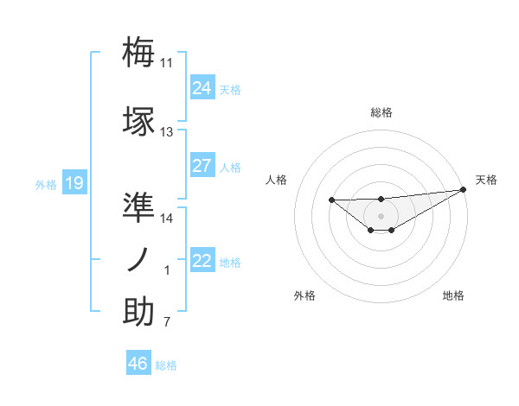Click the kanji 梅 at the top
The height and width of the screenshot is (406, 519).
pos(138,52)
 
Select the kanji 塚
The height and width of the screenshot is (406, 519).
pos(138,120)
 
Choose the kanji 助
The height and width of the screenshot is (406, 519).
pos(138,312)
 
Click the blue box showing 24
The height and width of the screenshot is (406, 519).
pos(202,88)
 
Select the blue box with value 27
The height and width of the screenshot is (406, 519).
pos(202,166)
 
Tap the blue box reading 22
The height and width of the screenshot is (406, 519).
pos(202,261)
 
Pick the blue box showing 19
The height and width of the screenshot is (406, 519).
pos(74,183)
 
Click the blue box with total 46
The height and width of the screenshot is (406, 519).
pos(138,364)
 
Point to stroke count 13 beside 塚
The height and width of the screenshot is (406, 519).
pos(167,132)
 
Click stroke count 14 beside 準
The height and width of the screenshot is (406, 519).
pos(167,219)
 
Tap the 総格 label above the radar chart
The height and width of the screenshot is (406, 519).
pos(381,112)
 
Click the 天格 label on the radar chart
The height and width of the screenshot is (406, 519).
pos(486,180)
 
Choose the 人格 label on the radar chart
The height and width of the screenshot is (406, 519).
pos(276,180)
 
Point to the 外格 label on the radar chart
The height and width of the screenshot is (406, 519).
pos(304,295)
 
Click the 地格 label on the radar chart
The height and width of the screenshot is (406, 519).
pos(453,295)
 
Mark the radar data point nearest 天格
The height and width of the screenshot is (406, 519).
pos(464,189)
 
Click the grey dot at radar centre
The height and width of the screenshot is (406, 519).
pos(381,215)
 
